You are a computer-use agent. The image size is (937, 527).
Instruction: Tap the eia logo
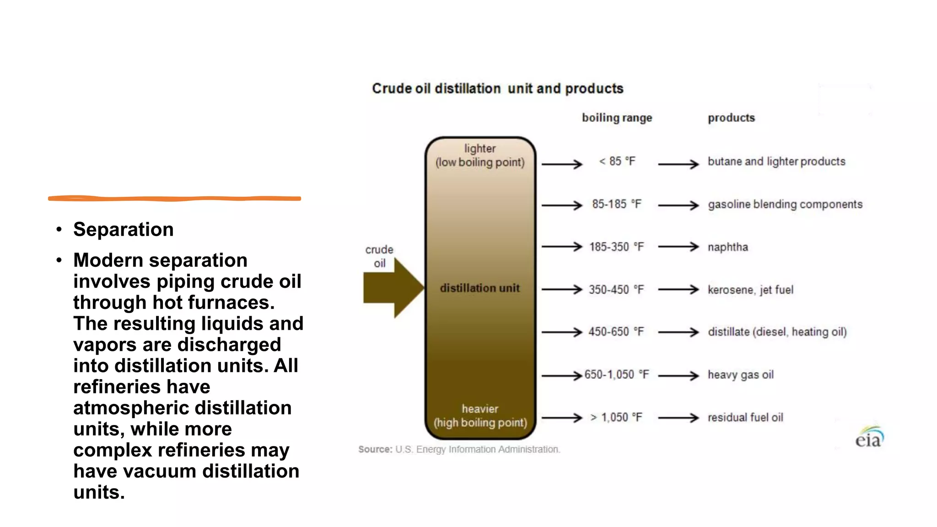click(x=869, y=438)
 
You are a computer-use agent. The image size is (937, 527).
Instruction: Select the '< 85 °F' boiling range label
click(x=617, y=161)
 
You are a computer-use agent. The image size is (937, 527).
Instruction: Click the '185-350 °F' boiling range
click(x=616, y=247)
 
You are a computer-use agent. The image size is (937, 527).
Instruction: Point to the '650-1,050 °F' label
click(x=616, y=375)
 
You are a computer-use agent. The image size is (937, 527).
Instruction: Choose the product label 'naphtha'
click(x=727, y=247)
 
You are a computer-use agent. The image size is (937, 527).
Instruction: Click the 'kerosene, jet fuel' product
click(x=750, y=290)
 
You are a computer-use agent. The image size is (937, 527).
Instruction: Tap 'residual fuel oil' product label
click(x=745, y=418)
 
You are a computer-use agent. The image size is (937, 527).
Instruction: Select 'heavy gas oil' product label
click(x=740, y=375)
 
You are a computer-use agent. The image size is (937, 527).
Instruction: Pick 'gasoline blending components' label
click(x=785, y=204)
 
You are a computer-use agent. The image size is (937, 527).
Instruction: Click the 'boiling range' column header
click(x=617, y=118)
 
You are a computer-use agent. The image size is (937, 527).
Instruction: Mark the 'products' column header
click(x=731, y=118)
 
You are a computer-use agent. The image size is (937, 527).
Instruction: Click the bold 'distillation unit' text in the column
click(x=479, y=288)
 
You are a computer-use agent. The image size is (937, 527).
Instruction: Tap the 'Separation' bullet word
click(x=124, y=230)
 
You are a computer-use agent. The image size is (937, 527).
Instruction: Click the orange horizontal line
click(x=174, y=199)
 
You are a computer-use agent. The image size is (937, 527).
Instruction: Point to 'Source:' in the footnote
click(x=375, y=450)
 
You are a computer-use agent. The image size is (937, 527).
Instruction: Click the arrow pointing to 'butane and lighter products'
click(x=679, y=164)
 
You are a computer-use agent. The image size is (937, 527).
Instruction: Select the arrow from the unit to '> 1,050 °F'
click(x=562, y=418)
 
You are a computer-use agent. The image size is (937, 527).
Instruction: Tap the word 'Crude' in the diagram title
click(x=392, y=89)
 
